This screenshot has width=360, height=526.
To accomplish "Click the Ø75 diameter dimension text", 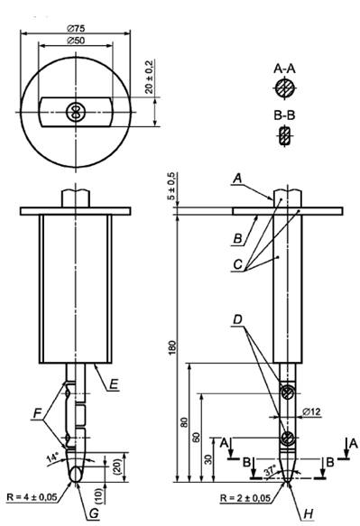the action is click(76, 28).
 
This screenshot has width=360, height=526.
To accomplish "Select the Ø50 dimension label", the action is click(76, 41).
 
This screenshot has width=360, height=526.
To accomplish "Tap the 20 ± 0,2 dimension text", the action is click(149, 77).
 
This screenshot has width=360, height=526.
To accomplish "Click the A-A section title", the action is click(284, 69).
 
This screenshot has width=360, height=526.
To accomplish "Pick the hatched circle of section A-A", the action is click(285, 89).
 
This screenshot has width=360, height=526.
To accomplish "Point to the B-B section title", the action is click(284, 115).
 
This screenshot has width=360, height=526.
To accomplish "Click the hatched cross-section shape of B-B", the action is click(285, 135).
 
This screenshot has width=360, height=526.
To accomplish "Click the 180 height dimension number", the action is click(171, 347).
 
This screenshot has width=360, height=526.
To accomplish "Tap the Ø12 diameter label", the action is click(311, 411).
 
